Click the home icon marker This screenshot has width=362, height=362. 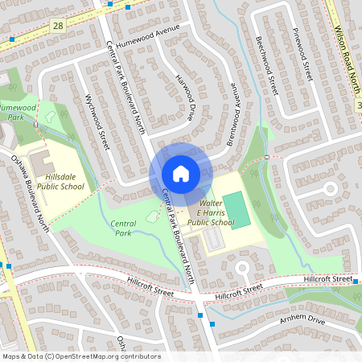(181, 174)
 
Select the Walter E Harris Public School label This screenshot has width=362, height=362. (211, 212)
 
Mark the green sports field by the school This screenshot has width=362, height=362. (237, 209)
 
